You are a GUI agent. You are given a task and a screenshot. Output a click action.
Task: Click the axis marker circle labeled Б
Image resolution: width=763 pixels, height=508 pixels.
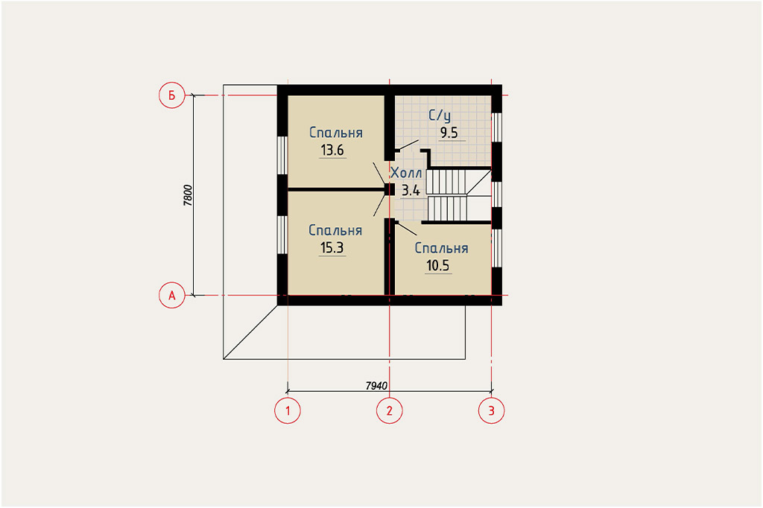(x=172, y=95)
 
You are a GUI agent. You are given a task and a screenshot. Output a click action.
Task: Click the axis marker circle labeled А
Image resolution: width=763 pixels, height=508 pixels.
(x=172, y=296)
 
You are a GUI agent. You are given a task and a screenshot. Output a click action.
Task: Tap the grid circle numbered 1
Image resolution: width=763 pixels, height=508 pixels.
(x=288, y=410)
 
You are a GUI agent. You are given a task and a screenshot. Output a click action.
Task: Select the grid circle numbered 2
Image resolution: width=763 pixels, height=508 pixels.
(x=389, y=410)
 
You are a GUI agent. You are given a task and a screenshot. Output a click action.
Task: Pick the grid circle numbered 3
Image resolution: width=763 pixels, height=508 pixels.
(x=492, y=410)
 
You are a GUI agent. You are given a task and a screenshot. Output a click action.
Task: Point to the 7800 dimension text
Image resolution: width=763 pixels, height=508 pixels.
(x=189, y=195)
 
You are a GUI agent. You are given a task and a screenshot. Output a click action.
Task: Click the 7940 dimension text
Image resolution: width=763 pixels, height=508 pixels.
(x=376, y=386)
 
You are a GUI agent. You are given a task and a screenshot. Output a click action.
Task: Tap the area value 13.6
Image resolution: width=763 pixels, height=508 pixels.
(x=332, y=150)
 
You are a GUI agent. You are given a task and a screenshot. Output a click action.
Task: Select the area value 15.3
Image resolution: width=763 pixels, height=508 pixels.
(x=332, y=248)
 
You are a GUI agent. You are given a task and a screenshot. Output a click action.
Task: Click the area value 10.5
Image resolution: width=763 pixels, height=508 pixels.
(x=438, y=266)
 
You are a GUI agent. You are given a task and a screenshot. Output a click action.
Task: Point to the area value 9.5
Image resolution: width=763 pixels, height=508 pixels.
(x=449, y=133)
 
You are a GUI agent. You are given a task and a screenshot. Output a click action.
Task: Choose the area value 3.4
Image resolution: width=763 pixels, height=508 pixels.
(x=411, y=190)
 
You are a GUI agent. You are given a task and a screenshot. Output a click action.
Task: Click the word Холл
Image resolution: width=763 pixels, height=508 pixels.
(x=406, y=173)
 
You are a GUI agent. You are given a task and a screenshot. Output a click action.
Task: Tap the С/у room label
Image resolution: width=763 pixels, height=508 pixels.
(x=440, y=115)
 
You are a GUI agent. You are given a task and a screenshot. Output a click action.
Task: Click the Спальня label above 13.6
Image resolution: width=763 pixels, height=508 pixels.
(x=336, y=133)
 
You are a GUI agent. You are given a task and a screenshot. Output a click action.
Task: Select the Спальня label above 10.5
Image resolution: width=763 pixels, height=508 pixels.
(x=441, y=248)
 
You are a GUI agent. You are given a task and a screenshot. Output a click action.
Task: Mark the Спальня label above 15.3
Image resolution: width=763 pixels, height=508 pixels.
(x=335, y=230)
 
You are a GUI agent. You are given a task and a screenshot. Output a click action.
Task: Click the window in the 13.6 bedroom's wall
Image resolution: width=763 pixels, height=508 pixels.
(x=282, y=155)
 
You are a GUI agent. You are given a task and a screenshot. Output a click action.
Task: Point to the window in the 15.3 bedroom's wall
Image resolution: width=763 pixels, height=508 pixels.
(x=282, y=235)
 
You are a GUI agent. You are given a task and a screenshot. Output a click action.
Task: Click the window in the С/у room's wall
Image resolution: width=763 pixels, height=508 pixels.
(x=496, y=127)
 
